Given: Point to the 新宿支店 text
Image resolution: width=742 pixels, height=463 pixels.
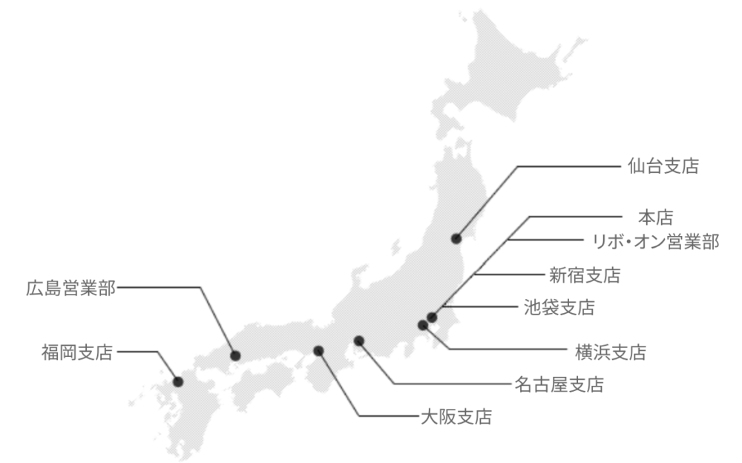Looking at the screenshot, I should coord(585,275).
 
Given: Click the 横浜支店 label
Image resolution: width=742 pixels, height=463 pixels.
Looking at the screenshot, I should coord(610,351).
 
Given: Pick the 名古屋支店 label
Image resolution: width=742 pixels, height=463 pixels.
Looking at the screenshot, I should coord(559,384).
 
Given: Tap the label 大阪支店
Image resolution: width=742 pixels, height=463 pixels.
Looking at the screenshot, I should coord(456,416).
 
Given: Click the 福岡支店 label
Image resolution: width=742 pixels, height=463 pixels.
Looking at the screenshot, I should coord(77,352).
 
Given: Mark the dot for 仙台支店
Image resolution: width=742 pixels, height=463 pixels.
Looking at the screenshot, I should coord(456,238).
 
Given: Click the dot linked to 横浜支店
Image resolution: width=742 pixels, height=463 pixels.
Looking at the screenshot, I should coord(423,324).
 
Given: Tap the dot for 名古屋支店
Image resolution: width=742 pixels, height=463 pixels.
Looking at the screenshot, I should coord(359,341).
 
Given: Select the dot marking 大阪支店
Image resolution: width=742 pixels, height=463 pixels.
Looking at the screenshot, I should coord(318,350).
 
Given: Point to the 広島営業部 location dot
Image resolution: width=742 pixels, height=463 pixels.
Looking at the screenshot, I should coord(235,355).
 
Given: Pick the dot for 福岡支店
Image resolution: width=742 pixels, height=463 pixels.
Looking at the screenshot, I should coord(178,381).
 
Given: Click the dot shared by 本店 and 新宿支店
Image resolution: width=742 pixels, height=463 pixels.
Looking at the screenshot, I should coord(433,318).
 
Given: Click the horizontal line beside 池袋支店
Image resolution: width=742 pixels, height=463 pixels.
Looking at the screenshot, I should coord(482,306).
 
